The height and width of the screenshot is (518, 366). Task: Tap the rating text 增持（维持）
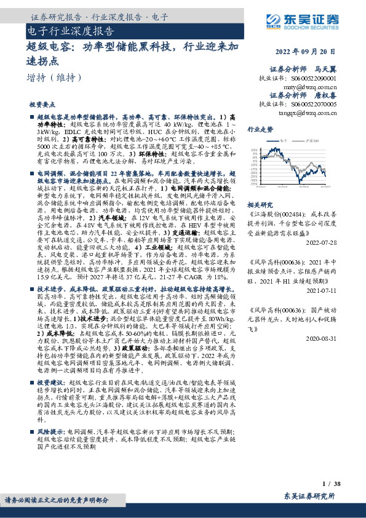coord(55,78)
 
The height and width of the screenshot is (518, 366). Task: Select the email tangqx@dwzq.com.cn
coord(304,113)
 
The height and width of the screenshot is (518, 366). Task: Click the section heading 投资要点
coord(47,105)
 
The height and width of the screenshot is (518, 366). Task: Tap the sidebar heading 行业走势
coord(260,130)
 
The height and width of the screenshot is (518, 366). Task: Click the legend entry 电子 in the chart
coord(285,141)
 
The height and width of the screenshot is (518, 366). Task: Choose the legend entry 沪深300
coord(313,141)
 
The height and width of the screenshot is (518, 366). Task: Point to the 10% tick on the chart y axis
coord(253,149)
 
